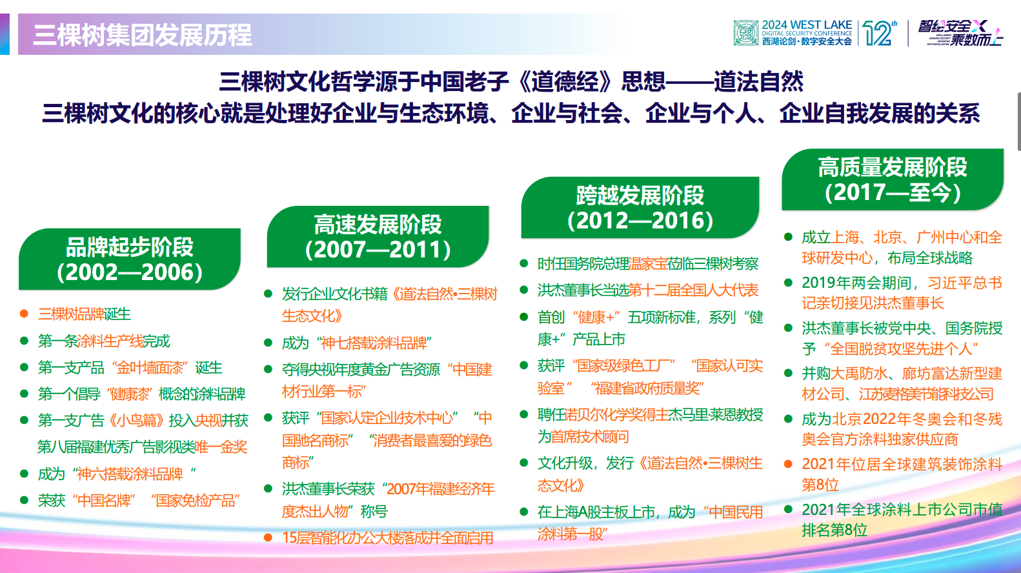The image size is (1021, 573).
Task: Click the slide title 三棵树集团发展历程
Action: (142, 35)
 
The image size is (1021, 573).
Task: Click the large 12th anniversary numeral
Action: (879, 33)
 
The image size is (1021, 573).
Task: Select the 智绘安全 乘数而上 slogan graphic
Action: (960, 33)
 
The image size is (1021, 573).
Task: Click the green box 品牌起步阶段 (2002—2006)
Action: (130, 259)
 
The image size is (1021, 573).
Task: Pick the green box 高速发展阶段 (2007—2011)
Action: (378, 237)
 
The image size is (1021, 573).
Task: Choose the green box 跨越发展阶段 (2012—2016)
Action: (640, 208)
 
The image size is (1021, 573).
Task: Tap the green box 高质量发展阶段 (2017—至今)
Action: (893, 179)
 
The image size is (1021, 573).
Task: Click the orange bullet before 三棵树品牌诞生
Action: (24, 314)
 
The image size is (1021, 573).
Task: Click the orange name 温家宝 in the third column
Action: (649, 264)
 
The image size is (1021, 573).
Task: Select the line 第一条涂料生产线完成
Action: (103, 341)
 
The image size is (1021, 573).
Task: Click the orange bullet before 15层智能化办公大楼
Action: (268, 538)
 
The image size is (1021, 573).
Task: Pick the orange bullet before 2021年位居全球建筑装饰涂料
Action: (788, 464)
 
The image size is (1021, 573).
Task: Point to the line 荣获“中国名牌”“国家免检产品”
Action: (139, 500)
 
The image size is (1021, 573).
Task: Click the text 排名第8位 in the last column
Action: (834, 530)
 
